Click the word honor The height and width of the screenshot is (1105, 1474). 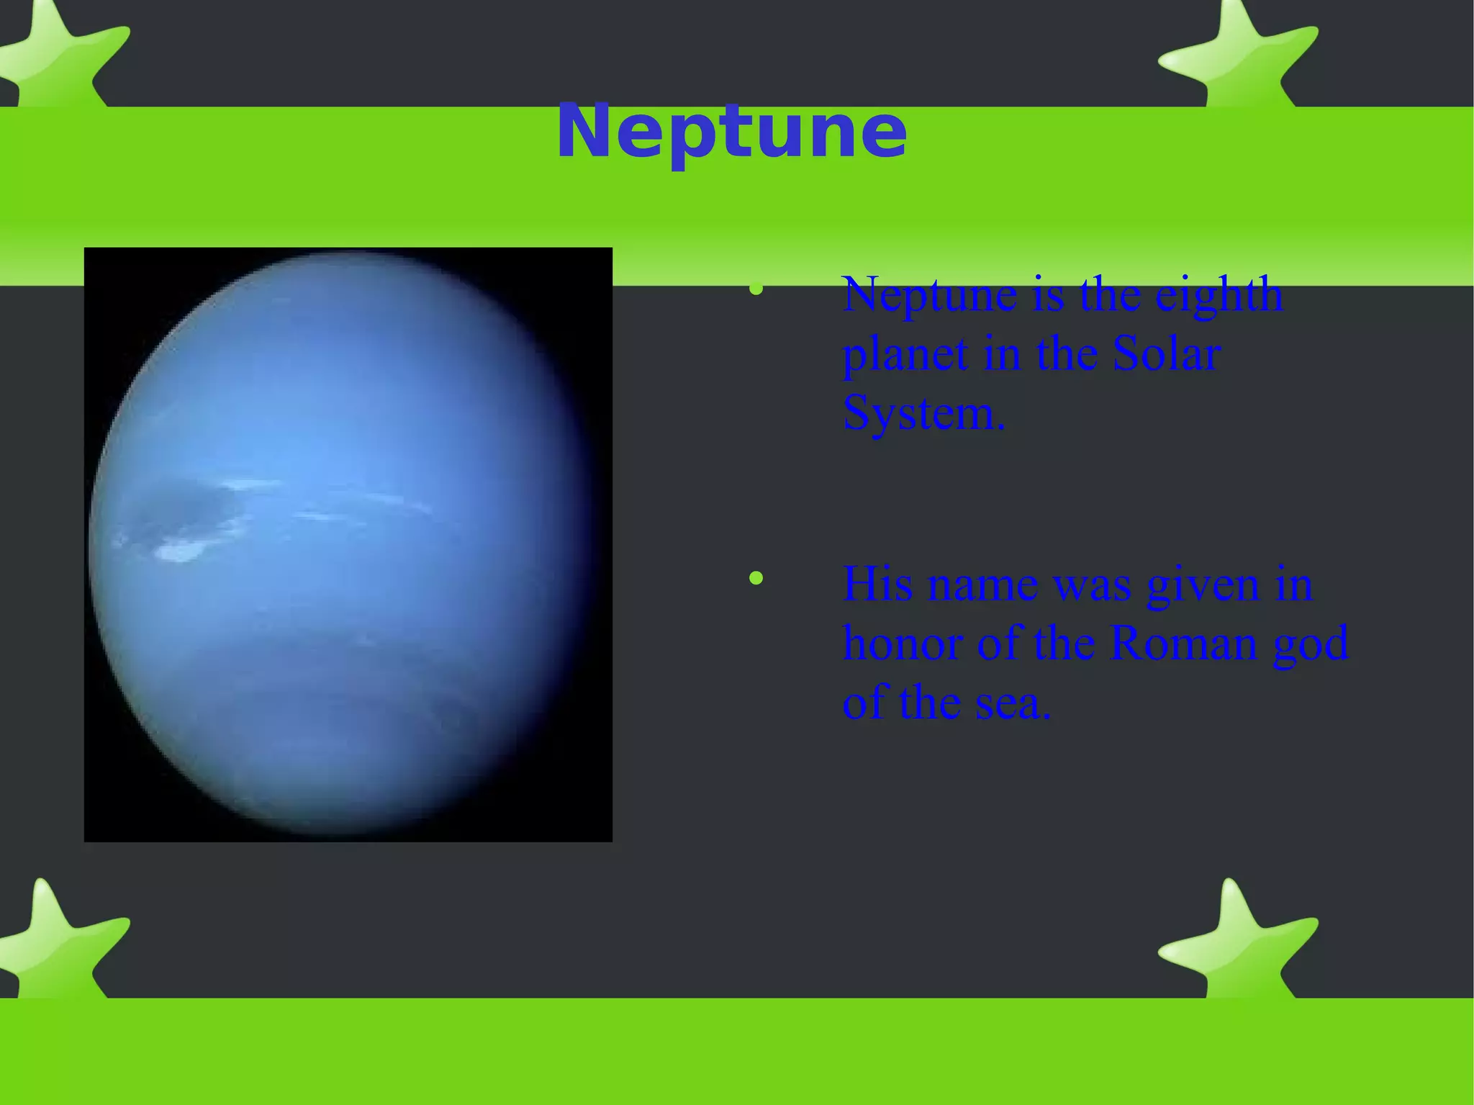[x=902, y=643]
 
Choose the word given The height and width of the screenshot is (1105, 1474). [x=1202, y=585]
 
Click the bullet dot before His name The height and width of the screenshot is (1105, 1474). [x=756, y=578]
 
